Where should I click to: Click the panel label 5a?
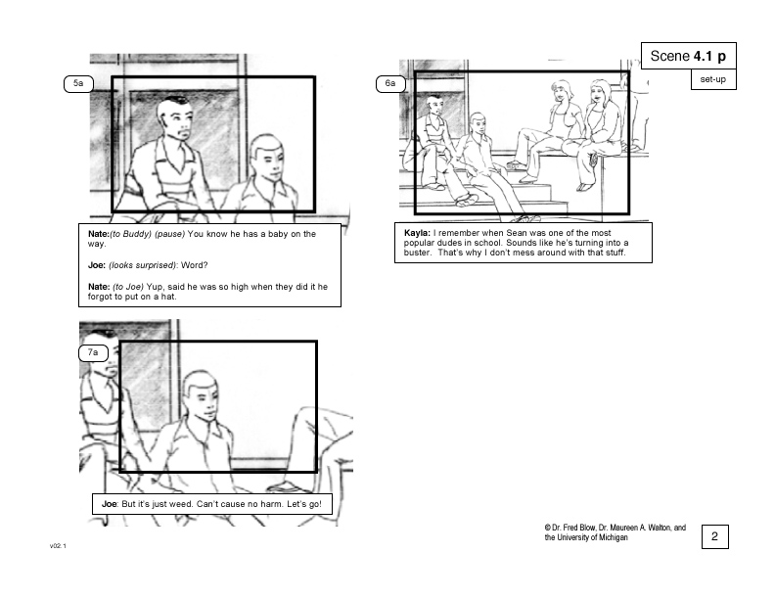point(78,83)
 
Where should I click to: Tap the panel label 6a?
point(390,83)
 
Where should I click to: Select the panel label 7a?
point(93,353)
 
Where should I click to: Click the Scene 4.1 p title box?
point(689,56)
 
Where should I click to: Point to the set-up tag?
point(713,79)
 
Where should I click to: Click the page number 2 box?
point(714,536)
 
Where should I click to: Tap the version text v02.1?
point(58,546)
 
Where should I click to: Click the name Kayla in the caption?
point(417,233)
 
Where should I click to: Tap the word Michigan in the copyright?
point(613,537)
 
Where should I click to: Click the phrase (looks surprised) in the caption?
point(142,265)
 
